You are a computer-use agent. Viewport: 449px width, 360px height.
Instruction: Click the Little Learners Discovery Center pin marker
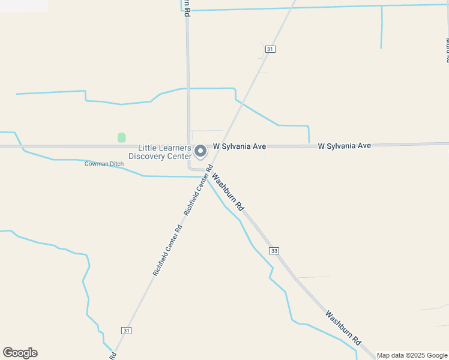pos(201,151)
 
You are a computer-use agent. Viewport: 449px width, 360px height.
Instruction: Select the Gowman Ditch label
pos(104,164)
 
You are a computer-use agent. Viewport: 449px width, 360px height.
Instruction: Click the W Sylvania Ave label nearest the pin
pos(240,146)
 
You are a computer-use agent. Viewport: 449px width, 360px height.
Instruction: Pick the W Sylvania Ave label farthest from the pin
pos(345,146)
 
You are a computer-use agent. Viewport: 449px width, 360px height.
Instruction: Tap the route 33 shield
pos(274,250)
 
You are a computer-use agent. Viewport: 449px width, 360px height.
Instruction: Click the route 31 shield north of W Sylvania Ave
pos(271,49)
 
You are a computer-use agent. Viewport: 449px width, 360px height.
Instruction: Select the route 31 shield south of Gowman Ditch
pos(126,331)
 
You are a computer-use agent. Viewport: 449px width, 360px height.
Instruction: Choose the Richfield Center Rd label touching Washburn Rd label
pos(199,190)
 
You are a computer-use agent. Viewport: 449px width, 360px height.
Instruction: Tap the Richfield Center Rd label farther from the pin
pos(167,250)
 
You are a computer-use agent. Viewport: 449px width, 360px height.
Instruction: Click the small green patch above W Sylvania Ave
pos(122,137)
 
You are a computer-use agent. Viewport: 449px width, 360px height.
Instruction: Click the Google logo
pos(20,353)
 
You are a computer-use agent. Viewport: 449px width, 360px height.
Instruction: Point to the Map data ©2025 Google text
pos(412,355)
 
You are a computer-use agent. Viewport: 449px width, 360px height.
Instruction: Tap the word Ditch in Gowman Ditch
pos(116,164)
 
